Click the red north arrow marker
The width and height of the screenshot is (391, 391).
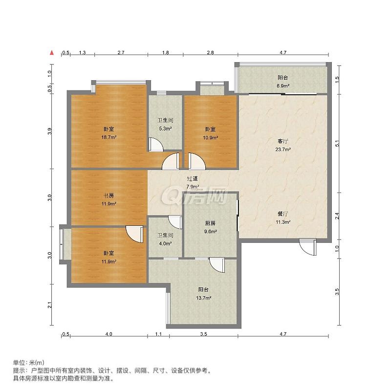pyautogui.click(x=52, y=53)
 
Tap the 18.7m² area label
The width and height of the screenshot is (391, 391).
pyautogui.click(x=109, y=137)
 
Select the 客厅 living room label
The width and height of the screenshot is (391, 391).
pyautogui.click(x=283, y=141)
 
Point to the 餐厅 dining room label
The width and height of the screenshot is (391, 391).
pyautogui.click(x=283, y=214)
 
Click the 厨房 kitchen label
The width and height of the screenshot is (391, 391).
pyautogui.click(x=210, y=223)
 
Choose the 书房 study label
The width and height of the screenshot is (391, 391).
pyautogui.click(x=109, y=195)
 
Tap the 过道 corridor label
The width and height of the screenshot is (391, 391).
pyautogui.click(x=192, y=178)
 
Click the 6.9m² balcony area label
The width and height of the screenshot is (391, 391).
pyautogui.click(x=283, y=86)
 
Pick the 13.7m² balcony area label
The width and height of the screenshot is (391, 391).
pyautogui.click(x=204, y=298)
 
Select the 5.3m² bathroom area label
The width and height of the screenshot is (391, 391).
pyautogui.click(x=165, y=129)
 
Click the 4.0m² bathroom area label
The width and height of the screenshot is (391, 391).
pyautogui.click(x=165, y=243)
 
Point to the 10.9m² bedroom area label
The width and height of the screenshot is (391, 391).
pyautogui.click(x=211, y=137)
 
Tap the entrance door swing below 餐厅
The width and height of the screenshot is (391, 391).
pyautogui.click(x=308, y=247)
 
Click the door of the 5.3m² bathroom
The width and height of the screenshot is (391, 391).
pyautogui.click(x=156, y=144)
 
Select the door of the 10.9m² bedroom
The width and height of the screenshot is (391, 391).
pyautogui.click(x=197, y=161)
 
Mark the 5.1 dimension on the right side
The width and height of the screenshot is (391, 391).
pyautogui.click(x=337, y=144)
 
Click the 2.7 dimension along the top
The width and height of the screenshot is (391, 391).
pyautogui.click(x=121, y=53)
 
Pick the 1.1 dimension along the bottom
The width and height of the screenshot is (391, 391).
pyautogui.click(x=158, y=334)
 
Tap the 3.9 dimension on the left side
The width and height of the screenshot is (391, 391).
pyautogui.click(x=50, y=131)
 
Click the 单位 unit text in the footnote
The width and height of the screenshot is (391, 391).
pyautogui.click(x=19, y=363)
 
